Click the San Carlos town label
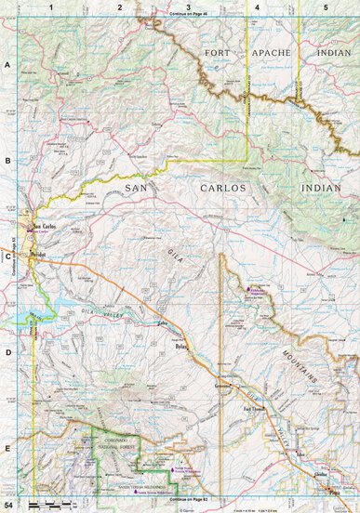[x=45, y=226]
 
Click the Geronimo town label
[x=223, y=383]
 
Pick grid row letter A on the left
[x=7, y=65]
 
